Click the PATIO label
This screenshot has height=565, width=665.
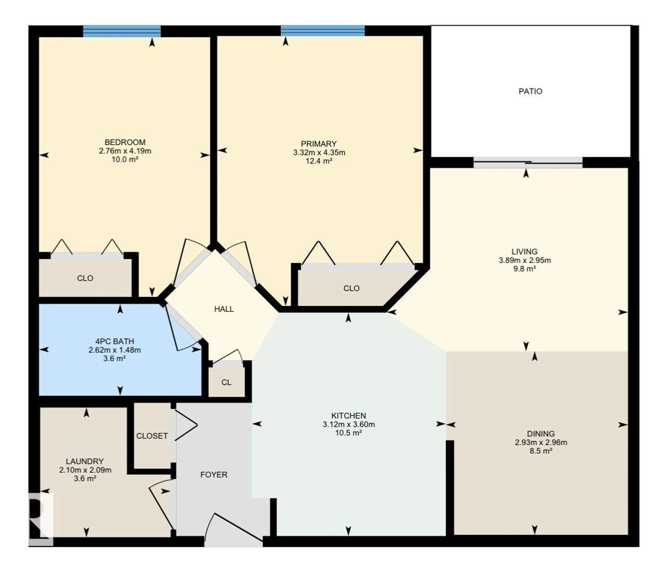(530, 91)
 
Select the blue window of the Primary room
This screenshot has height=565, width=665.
(322, 31)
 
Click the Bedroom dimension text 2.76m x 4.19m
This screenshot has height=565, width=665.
(125, 151)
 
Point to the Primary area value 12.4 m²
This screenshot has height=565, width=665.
(319, 161)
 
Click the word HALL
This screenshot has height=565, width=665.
(224, 309)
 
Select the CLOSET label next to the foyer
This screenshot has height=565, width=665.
(152, 436)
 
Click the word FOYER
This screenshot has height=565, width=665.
(214, 475)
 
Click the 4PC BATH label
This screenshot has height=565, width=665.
(115, 341)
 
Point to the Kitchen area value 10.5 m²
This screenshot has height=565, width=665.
(348, 433)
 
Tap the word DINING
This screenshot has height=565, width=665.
(540, 434)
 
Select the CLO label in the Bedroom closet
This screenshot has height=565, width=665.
(85, 278)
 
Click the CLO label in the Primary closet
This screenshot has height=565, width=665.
(351, 288)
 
